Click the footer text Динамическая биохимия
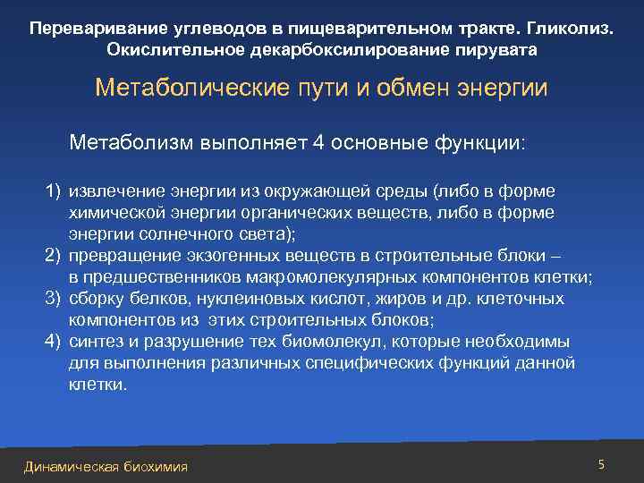pos(106,467)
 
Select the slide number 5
pos(601,464)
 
